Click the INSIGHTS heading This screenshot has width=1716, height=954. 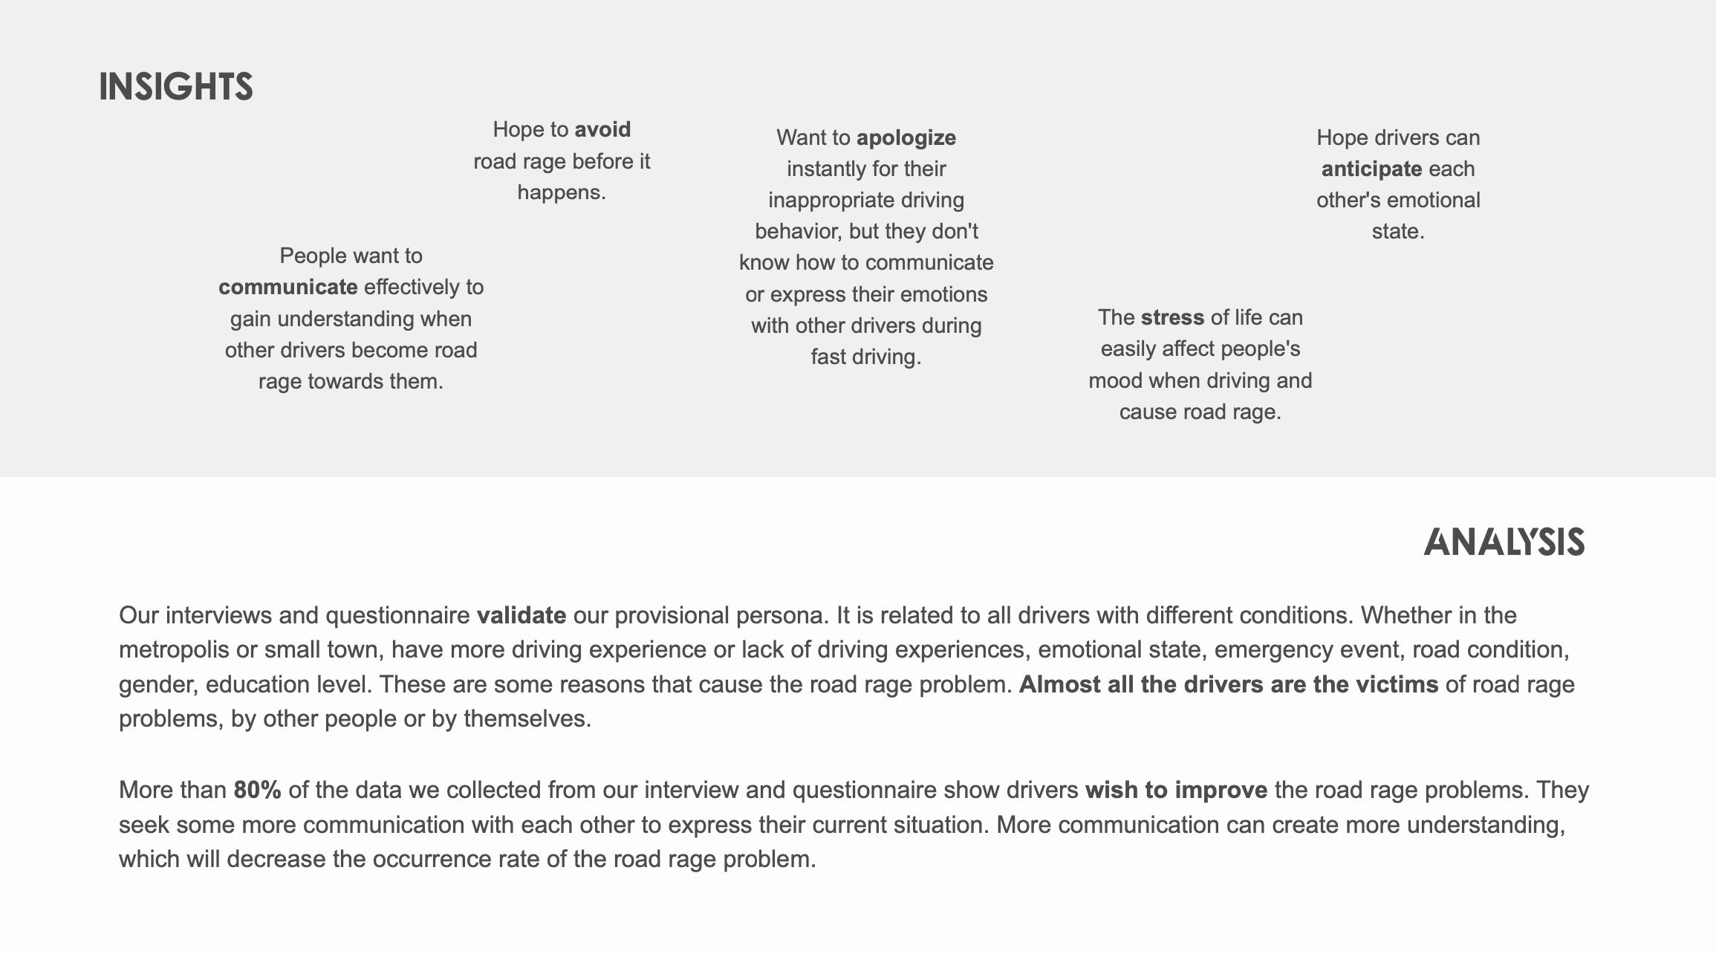click(x=176, y=87)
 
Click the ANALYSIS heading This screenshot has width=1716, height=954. click(x=1504, y=542)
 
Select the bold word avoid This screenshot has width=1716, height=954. click(x=602, y=129)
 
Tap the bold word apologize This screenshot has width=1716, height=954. click(x=906, y=137)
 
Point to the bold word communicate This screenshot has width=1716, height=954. click(x=288, y=287)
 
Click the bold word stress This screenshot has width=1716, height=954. click(x=1172, y=317)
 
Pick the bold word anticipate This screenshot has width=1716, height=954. click(x=1371, y=169)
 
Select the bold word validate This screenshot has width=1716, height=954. click(x=521, y=615)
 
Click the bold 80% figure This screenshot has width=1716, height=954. click(x=257, y=790)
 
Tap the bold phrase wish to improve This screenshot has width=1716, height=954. click(x=1176, y=790)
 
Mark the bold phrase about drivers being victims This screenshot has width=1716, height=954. click(x=1228, y=684)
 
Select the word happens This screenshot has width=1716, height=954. click(x=561, y=192)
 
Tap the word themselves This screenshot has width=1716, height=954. click(x=527, y=718)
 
